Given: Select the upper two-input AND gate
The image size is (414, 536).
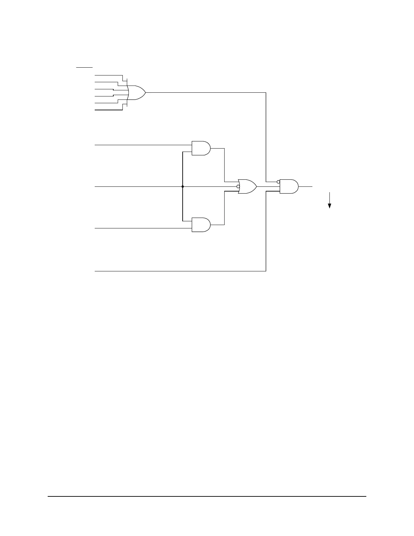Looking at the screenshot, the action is point(201,148).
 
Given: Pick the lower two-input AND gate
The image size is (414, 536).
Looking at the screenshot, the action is point(201,225).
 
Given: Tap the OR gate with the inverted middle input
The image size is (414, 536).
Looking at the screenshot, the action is point(247,186).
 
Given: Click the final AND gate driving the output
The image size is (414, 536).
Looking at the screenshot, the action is point(289,186).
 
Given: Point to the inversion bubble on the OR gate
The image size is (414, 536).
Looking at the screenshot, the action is point(238,186).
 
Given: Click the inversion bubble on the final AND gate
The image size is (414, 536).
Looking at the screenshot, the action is point(278,182).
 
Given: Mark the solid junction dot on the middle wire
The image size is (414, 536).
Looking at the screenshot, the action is point(183,186).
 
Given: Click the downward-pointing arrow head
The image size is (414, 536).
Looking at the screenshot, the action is point(329,206).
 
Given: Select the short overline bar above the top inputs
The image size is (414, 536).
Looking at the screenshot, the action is point(84,67).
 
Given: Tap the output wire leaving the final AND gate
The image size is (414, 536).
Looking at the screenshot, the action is point(305,186).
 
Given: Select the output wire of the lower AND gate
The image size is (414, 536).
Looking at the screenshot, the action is point(224,210).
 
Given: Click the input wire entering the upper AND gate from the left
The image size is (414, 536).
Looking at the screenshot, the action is point(142,145).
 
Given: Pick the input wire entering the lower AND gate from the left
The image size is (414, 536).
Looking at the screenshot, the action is point(142,228).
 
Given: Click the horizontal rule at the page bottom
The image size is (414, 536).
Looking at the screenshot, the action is point(207,497).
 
